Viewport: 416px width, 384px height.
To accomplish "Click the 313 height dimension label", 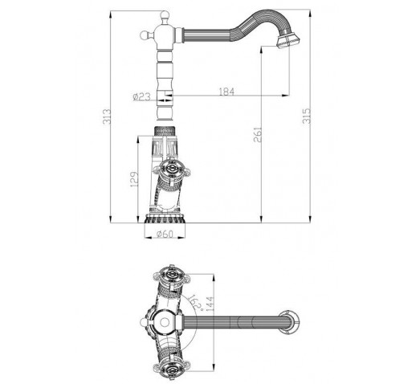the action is click(x=107, y=116).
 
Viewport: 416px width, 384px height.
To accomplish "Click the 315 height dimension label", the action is click(x=307, y=116).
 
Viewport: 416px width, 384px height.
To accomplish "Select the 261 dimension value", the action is click(x=257, y=135).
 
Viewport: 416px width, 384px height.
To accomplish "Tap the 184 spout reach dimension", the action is click(x=226, y=92).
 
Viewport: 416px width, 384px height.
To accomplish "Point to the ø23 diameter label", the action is click(x=142, y=96).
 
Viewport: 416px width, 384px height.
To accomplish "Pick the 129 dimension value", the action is click(x=134, y=179).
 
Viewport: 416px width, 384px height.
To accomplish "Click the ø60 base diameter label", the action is click(x=165, y=235).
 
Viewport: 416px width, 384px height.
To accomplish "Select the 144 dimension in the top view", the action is click(x=210, y=304).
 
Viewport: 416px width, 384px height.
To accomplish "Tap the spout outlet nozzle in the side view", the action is click(x=288, y=41).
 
